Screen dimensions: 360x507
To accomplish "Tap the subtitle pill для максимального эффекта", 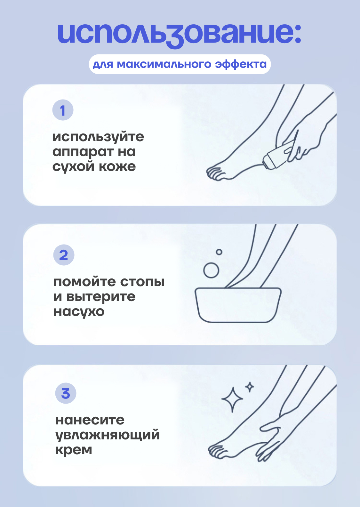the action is pyautogui.click(x=180, y=64).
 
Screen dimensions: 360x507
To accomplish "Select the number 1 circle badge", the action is pyautogui.click(x=63, y=110).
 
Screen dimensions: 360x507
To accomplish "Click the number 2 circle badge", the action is pyautogui.click(x=64, y=255).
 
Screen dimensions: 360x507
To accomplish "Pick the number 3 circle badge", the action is pyautogui.click(x=66, y=393).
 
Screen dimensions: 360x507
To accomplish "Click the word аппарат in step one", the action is pyautogui.click(x=83, y=152).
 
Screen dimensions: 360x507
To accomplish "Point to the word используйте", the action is pyautogui.click(x=98, y=137).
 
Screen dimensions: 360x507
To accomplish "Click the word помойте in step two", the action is pyautogui.click(x=84, y=282).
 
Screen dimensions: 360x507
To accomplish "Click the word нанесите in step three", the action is pyautogui.click(x=90, y=420).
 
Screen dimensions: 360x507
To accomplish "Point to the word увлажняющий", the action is pyautogui.click(x=108, y=435).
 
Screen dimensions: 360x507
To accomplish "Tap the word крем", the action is pyautogui.click(x=74, y=450).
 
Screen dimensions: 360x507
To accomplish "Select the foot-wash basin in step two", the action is pyautogui.click(x=238, y=305).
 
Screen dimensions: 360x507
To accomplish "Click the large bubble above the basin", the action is pyautogui.click(x=211, y=270).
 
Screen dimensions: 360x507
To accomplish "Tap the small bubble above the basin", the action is pyautogui.click(x=219, y=252).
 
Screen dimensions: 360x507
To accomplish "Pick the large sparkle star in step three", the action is pyautogui.click(x=232, y=400).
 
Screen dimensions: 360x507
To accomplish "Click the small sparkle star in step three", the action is pyautogui.click(x=250, y=387).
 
